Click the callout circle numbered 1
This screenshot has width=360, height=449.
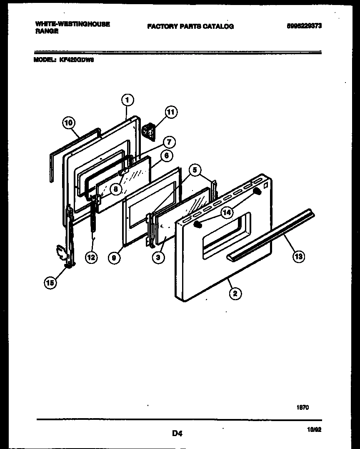[x=127, y=100]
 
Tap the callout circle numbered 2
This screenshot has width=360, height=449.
[x=235, y=293]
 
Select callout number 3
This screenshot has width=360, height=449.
[x=157, y=258]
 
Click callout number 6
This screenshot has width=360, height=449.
[x=166, y=156]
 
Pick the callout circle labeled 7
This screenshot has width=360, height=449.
[x=169, y=142]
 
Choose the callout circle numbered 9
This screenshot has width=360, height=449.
[x=114, y=258]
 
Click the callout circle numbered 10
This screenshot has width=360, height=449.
[x=69, y=123]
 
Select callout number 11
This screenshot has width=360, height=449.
[x=171, y=112]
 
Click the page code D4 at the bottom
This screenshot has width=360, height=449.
[x=177, y=433]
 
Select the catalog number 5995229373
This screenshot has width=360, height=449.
[x=305, y=26]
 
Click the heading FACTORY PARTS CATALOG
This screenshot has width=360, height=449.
[x=190, y=26]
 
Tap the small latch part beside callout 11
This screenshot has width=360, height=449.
[x=148, y=130]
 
